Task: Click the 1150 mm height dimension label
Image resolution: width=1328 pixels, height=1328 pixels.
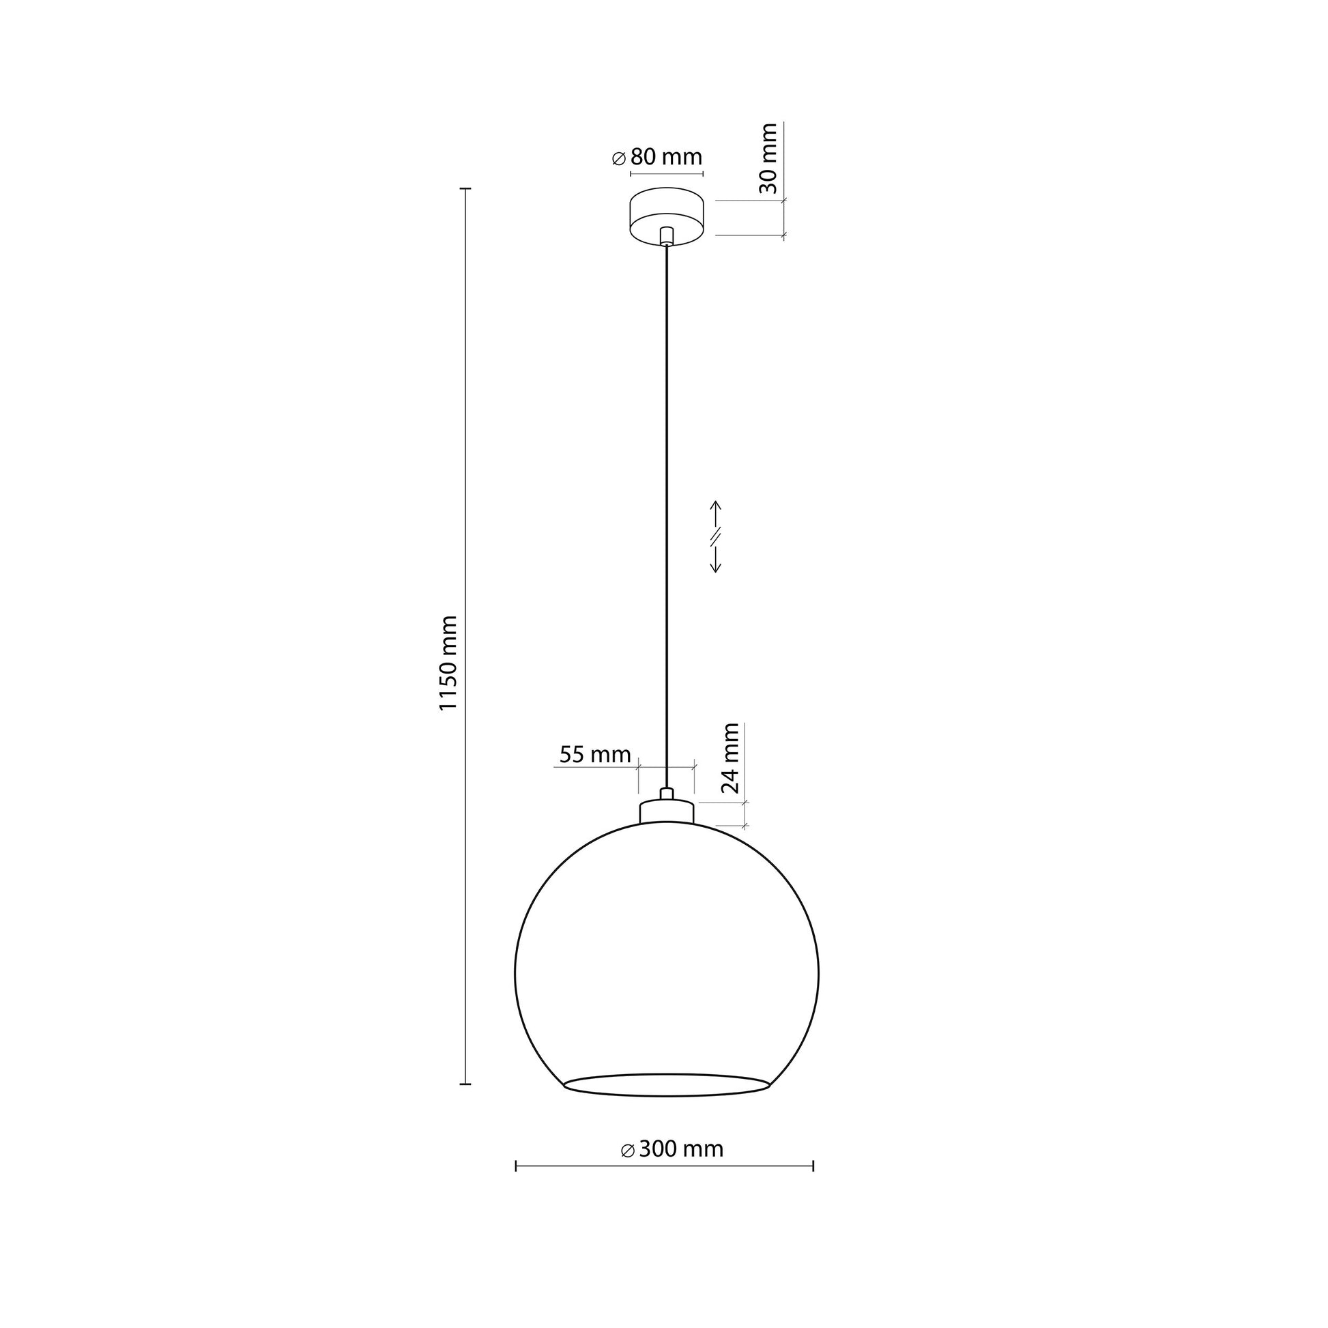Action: [x=448, y=663]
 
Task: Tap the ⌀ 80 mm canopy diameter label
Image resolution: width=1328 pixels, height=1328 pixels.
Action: [x=657, y=158]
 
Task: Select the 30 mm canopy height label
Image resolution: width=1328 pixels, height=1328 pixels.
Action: [x=768, y=159]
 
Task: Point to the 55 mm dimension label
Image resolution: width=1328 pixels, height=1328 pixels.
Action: [x=594, y=755]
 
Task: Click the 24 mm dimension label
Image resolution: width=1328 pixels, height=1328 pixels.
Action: [x=730, y=758]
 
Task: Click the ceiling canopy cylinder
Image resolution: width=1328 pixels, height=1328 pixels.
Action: [x=666, y=216]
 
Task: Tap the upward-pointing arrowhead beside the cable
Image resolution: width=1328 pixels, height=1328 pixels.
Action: [x=716, y=506]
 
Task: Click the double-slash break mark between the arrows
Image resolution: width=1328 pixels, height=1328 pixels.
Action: [x=716, y=536]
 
